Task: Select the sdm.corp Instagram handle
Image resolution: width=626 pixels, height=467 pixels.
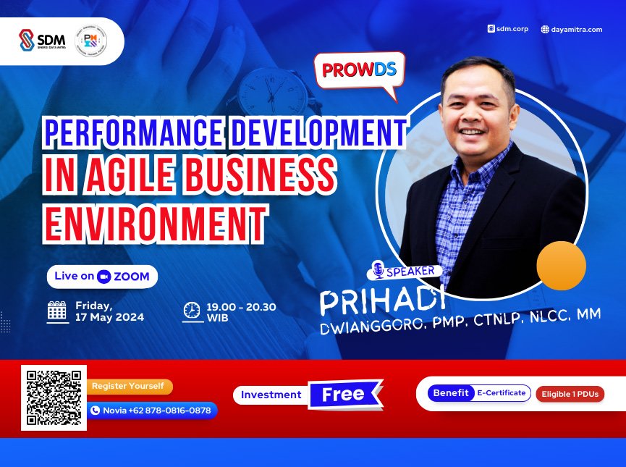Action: pos(509,29)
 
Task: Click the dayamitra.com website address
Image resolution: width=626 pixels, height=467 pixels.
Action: pos(572,29)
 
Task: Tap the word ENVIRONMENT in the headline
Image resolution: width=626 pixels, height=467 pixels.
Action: pos(153,218)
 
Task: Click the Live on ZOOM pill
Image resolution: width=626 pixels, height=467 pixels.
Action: pos(102,276)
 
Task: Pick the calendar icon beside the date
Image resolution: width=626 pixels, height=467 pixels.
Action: pos(57,311)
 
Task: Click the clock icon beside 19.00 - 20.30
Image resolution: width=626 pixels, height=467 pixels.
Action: pos(191,311)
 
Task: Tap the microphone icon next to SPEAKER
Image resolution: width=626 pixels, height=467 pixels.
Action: pos(377,271)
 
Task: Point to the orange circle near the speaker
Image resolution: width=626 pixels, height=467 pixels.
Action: pos(560,266)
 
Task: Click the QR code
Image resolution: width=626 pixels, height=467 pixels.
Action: pos(54,397)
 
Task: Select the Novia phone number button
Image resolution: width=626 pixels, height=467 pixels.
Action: pos(153,411)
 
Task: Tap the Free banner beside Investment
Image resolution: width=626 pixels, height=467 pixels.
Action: pos(344,395)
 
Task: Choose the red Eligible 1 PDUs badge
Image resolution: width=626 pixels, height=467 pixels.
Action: pos(570,395)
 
